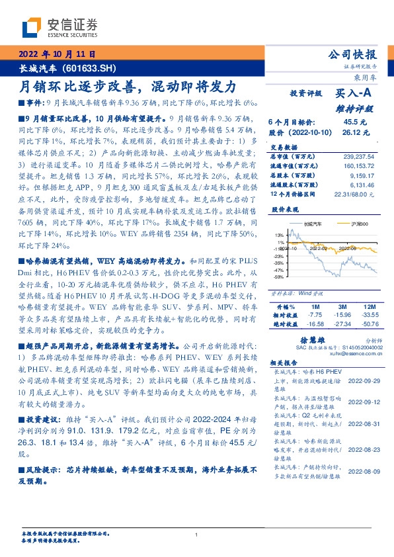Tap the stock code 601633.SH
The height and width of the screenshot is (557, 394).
tap(89, 68)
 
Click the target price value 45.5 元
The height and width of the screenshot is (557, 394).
tap(351, 122)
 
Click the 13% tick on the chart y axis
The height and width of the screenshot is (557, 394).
tap(279, 234)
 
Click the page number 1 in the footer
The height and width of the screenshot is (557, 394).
tap(197, 535)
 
